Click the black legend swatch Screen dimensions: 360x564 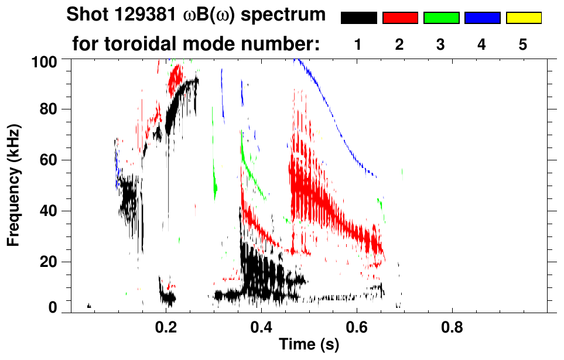[358, 18]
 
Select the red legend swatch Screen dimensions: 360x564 [400, 18]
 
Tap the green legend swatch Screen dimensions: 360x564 [441, 18]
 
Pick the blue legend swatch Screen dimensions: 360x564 [482, 18]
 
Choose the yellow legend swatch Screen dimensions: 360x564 [524, 18]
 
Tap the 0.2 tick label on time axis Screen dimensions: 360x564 [167, 327]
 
